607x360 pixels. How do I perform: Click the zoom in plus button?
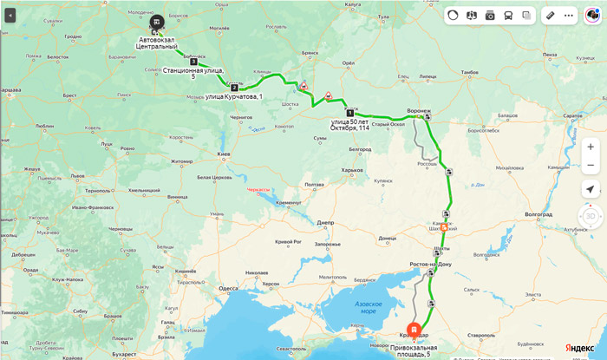click(590, 147)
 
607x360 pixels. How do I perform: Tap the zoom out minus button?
click(590, 165)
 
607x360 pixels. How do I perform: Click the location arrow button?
click(590, 190)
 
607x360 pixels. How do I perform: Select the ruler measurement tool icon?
click(549, 15)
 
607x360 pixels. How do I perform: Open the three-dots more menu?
click(569, 15)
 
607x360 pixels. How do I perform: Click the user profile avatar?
click(592, 15)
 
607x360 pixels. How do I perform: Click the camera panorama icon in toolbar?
click(490, 15)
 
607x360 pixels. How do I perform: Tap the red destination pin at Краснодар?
click(415, 331)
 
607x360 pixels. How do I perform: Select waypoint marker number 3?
click(193, 62)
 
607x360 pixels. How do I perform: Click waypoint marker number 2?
click(234, 87)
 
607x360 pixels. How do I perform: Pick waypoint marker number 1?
click(349, 113)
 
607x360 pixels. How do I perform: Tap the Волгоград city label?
click(538, 213)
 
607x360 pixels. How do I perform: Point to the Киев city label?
click(223, 154)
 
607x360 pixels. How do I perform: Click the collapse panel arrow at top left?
click(10, 15)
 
